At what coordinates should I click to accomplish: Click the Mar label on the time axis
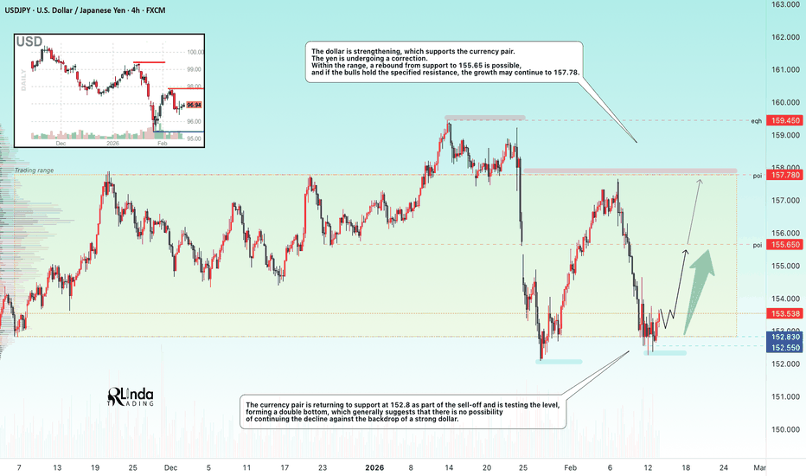pyautogui.click(x=759, y=468)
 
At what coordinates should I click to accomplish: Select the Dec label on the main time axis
pyautogui.click(x=170, y=468)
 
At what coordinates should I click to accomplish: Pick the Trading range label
pyautogui.click(x=34, y=170)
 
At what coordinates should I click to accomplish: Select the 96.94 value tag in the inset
pyautogui.click(x=193, y=105)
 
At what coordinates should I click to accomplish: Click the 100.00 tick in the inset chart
pyautogui.click(x=195, y=52)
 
